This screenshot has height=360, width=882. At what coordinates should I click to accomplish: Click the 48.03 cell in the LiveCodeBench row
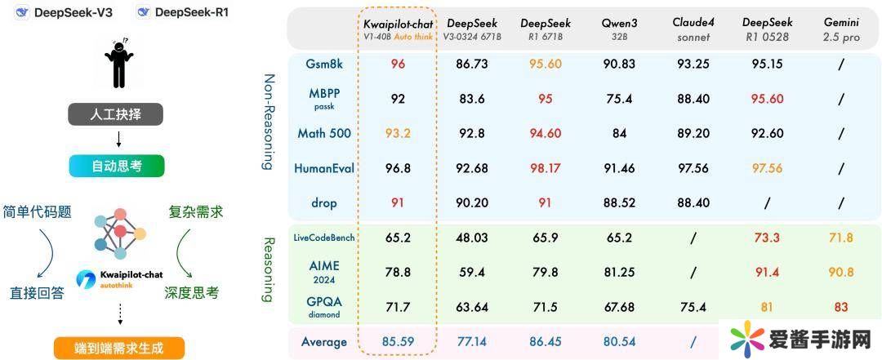[471, 238]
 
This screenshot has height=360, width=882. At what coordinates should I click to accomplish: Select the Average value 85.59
[398, 341]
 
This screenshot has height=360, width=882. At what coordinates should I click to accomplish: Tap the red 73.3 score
[766, 238]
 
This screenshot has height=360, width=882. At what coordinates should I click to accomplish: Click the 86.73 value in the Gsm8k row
[471, 63]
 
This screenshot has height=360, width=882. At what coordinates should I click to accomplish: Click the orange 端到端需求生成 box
[118, 348]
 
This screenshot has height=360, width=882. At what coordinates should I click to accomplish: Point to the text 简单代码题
[38, 212]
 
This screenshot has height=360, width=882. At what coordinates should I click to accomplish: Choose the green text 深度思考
[192, 292]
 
